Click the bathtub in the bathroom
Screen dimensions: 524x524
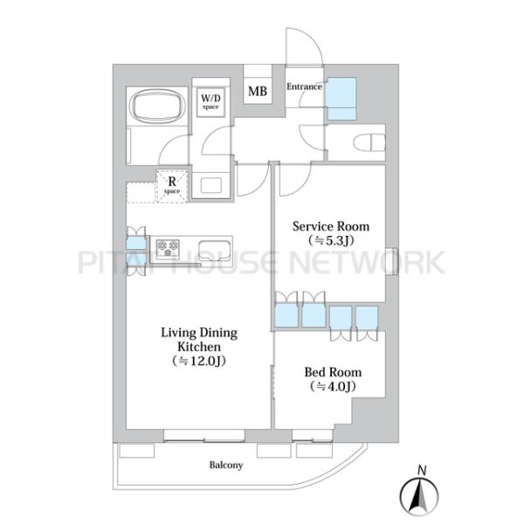point(157,106)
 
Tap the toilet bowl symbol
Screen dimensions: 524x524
point(369,142)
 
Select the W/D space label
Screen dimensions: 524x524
point(210,102)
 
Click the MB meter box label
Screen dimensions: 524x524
point(258,91)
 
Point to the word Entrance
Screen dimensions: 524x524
point(304,86)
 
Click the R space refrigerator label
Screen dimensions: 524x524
point(172,185)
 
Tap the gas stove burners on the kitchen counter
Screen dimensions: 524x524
point(168,249)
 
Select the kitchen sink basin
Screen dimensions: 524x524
point(215,250)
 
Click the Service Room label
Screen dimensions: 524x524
point(331,226)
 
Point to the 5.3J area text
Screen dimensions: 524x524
point(331,241)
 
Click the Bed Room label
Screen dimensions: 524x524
point(333,372)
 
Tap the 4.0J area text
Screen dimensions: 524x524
point(333,386)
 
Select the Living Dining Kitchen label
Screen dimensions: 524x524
point(199,340)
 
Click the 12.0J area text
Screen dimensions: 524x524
point(199,361)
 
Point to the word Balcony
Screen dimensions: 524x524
point(226,465)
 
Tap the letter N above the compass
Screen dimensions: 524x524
point(422,471)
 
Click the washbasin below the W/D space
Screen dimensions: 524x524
point(210,185)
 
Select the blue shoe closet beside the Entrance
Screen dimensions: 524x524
point(341,99)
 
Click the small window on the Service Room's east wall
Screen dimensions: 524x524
point(392,261)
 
